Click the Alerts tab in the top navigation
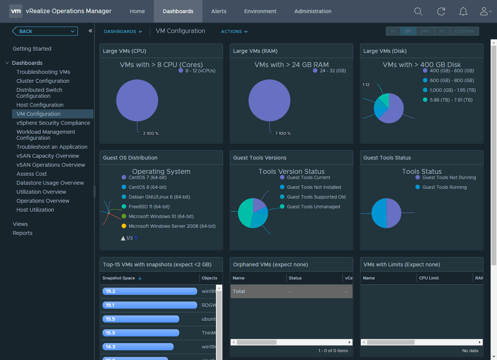pos(219,11)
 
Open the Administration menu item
pos(312,11)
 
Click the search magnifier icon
pos(418,12)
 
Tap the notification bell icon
pos(463,12)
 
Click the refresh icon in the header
pos(441,12)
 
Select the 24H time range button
pos(425,31)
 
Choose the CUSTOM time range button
pos(464,31)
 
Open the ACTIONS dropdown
pos(234,31)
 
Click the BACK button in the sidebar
pos(45,31)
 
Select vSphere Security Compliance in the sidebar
pos(53,123)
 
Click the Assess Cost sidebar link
pos(32,174)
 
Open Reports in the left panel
pos(22,233)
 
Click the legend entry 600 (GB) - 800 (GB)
pos(451,80)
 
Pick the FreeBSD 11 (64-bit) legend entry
pos(149,206)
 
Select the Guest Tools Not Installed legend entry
pos(314,187)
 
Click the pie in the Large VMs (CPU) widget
pos(137,100)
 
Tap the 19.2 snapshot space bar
pos(150,291)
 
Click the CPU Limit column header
pos(429,278)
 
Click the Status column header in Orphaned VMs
pos(295,278)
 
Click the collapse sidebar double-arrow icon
pos(90,31)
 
